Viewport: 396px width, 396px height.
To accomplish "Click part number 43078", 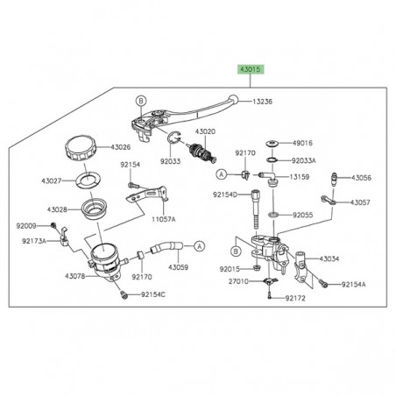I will pyautogui.click(x=51, y=277).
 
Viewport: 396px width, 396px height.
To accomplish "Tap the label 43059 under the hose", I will pyautogui.click(x=179, y=266).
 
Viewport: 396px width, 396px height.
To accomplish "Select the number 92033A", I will pyautogui.click(x=305, y=161).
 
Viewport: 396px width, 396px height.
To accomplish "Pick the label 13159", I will pyautogui.click(x=302, y=176).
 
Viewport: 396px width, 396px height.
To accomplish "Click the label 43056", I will pyautogui.click(x=361, y=178).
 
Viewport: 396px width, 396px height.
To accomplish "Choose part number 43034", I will pyautogui.click(x=329, y=259).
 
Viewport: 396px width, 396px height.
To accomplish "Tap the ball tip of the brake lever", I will pyautogui.click(x=231, y=100).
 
